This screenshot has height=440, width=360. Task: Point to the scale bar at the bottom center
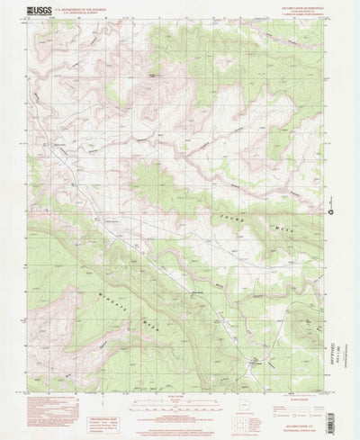pos(180,395)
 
